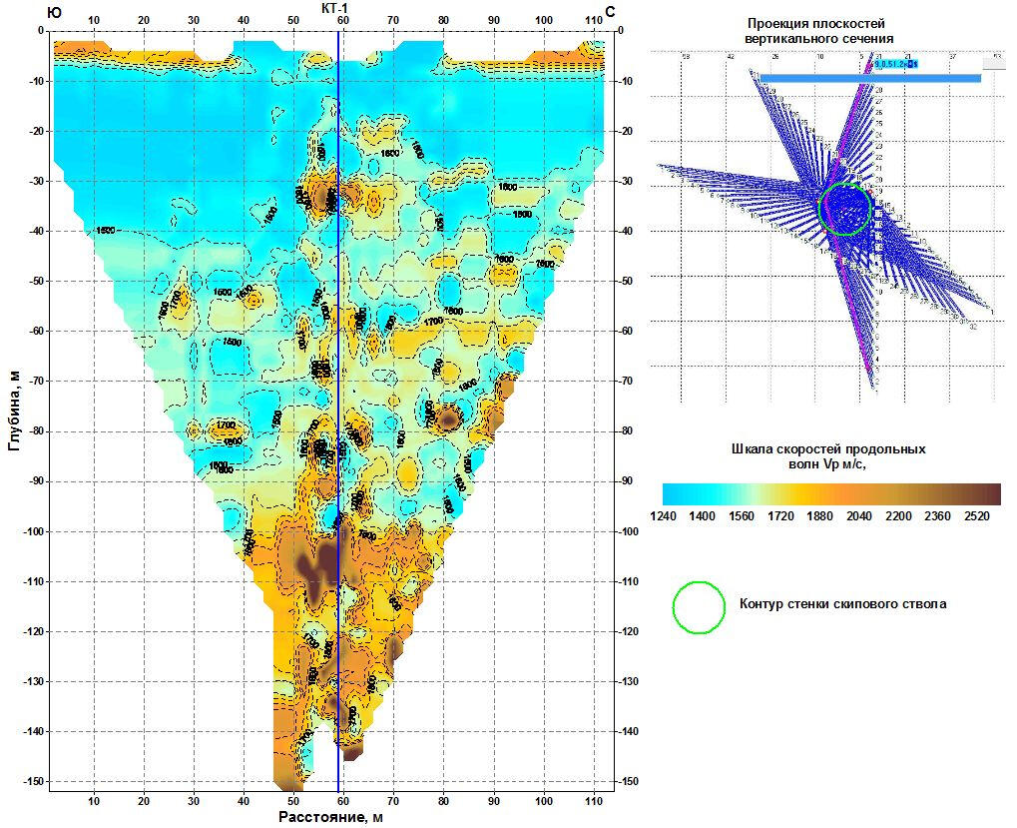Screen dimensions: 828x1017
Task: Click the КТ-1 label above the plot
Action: pos(341,8)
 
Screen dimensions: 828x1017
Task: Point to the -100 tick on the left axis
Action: pos(33,531)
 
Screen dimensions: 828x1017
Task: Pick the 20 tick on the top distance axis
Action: pos(144,20)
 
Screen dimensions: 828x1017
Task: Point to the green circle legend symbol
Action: pos(699,607)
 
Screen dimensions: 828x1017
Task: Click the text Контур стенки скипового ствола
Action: pos(842,603)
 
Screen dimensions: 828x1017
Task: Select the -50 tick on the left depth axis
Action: pos(36,282)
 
